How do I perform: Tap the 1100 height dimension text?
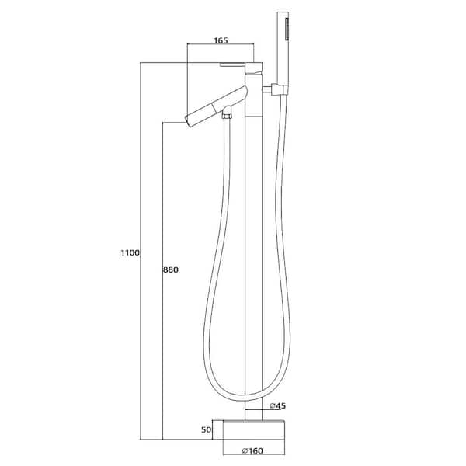[x=130, y=253]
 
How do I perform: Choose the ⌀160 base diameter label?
[x=252, y=450]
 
